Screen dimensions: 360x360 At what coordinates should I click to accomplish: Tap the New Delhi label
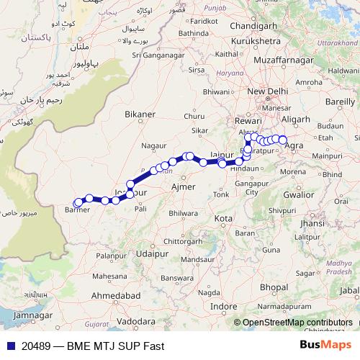coord(267,92)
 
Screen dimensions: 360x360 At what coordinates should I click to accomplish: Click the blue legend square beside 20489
coord(6,346)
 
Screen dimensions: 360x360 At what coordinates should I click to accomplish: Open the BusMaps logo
coord(325,346)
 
